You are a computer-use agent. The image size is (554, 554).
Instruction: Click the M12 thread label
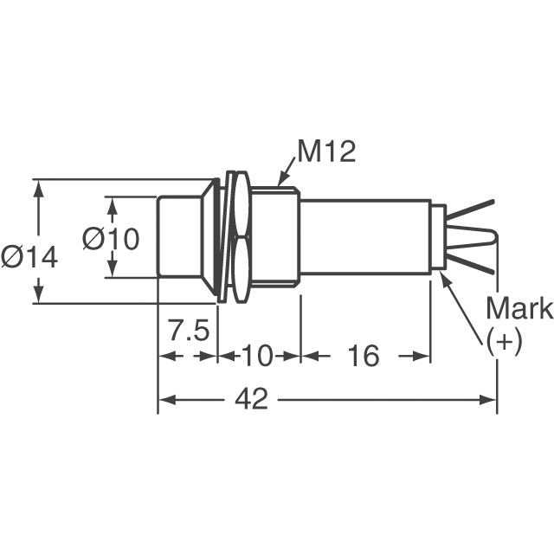point(326,152)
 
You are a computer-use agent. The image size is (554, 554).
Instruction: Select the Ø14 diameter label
point(29,257)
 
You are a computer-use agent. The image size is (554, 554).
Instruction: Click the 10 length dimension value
point(258,356)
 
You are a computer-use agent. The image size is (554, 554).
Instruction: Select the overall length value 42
point(251,399)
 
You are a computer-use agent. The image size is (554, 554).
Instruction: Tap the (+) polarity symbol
point(504,341)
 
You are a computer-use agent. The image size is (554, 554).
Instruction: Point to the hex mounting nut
point(240,237)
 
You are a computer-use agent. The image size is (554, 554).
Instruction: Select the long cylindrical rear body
point(364,237)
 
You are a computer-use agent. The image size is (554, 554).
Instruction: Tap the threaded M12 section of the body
point(274,237)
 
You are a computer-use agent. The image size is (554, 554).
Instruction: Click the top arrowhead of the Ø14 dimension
point(38,186)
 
